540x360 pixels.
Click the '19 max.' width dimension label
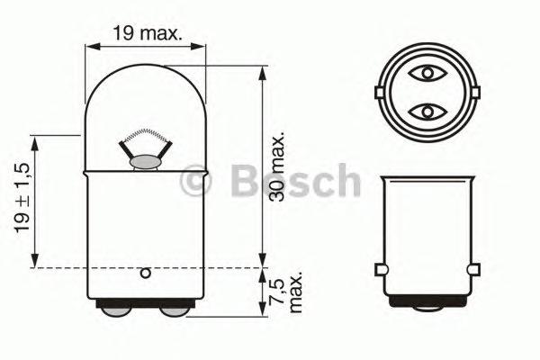tap(148, 33)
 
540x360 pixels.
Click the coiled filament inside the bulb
tap(144, 141)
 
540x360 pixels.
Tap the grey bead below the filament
tap(144, 163)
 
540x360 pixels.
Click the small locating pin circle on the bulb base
tap(145, 273)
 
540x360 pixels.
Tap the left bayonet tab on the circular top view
tap(378, 92)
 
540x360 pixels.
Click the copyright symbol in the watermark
tap(196, 182)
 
